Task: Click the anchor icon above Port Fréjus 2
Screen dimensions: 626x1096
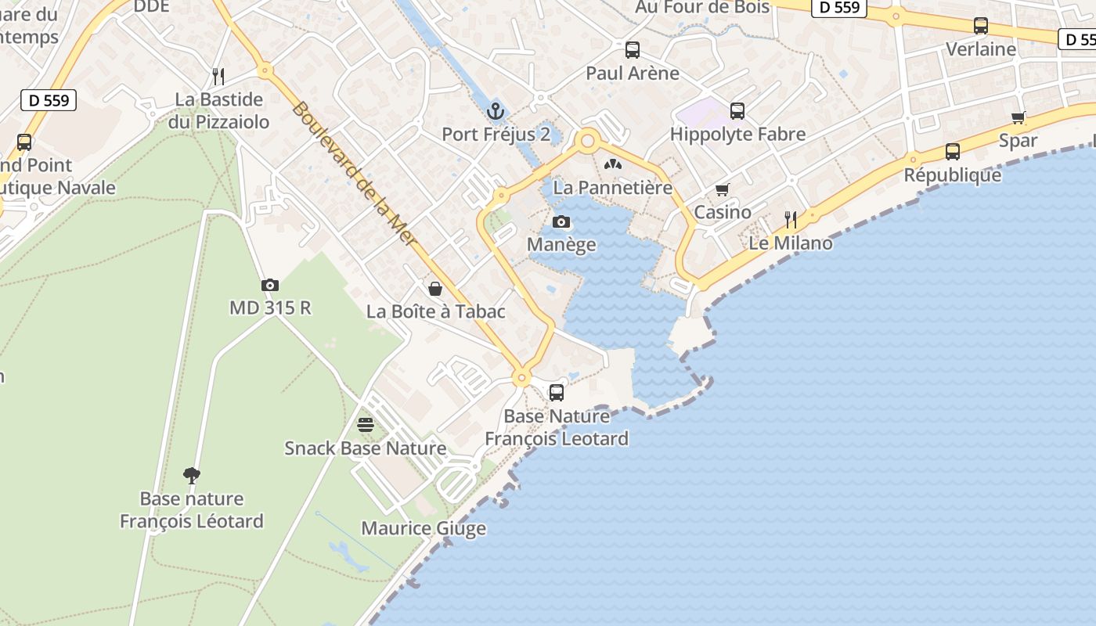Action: click(494, 110)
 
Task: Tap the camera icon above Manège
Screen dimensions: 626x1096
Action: click(561, 222)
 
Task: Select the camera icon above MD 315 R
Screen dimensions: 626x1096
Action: click(270, 286)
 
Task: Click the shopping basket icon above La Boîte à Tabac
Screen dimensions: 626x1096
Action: click(435, 289)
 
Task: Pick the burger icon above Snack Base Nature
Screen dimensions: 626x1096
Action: click(366, 425)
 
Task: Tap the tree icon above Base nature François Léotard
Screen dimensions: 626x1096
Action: click(192, 475)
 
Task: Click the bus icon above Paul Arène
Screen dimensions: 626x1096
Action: click(633, 50)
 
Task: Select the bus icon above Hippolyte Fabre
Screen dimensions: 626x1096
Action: click(737, 111)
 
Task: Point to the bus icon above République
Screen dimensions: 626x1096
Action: click(953, 152)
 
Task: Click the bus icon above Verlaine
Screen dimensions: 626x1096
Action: click(981, 26)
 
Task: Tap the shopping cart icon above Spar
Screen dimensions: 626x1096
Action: click(1018, 118)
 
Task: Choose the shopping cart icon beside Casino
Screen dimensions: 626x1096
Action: click(723, 190)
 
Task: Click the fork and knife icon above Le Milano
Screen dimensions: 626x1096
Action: click(791, 220)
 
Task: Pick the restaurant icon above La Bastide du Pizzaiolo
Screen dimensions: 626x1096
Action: click(218, 77)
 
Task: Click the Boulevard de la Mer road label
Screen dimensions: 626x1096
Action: click(353, 173)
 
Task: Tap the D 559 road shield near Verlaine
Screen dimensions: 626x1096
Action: click(840, 8)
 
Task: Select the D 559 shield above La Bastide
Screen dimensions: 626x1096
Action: click(48, 100)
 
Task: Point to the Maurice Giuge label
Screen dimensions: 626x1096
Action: click(424, 529)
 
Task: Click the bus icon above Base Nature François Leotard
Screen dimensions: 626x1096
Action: click(557, 393)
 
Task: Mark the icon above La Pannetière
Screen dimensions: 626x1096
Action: click(613, 165)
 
